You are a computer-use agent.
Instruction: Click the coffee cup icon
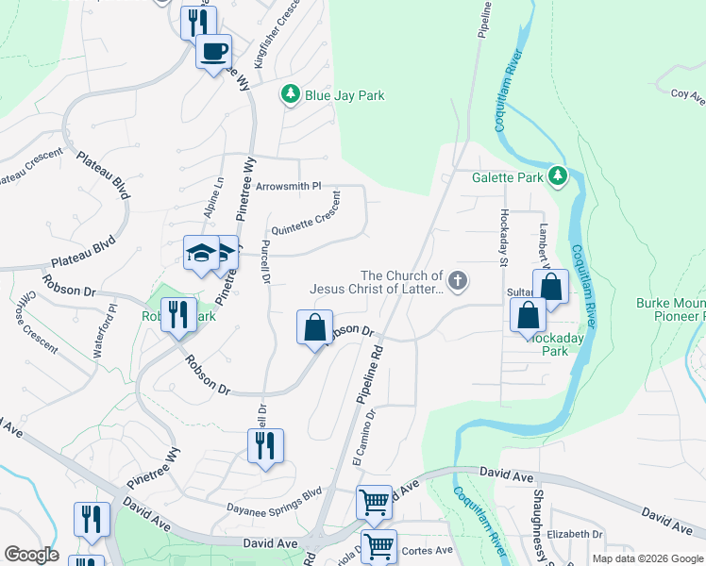(213, 50)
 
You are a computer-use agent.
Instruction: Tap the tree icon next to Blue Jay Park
(291, 94)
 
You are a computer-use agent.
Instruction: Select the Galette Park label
(508, 176)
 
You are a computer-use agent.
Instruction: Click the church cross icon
(458, 280)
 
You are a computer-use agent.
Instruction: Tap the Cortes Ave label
(427, 551)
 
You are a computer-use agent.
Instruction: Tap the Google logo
(31, 555)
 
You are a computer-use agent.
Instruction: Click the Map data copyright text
(647, 558)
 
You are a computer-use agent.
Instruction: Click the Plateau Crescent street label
(28, 167)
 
